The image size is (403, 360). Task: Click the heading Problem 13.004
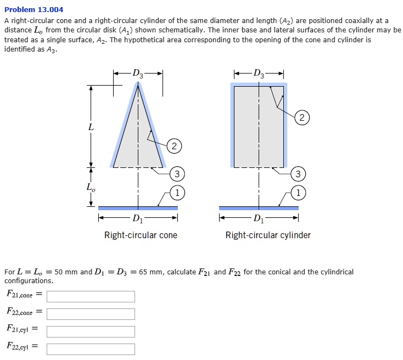[x=33, y=9]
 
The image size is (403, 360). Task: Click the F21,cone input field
[x=91, y=296]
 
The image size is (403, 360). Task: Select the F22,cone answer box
[x=91, y=314]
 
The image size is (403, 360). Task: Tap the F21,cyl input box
[x=91, y=331]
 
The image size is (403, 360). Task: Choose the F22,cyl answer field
[x=91, y=349]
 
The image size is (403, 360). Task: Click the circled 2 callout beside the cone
[x=173, y=146]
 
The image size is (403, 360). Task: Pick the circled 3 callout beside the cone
[x=176, y=175]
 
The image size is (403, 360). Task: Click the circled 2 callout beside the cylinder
[x=301, y=117]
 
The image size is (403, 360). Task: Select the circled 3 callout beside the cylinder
[x=298, y=175]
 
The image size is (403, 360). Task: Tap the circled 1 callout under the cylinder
[x=298, y=193]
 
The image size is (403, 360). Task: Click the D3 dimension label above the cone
[x=138, y=74]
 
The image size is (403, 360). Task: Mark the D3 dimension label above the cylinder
[x=259, y=74]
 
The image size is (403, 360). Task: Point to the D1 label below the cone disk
[x=138, y=220]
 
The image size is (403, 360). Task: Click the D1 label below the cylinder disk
[x=259, y=220]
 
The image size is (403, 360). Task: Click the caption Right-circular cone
[x=141, y=235]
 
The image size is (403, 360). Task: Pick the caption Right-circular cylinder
[x=268, y=235]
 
